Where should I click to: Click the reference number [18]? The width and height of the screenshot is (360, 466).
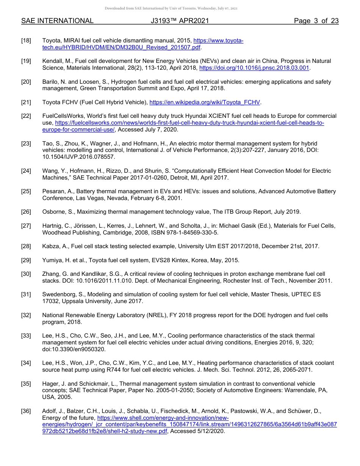click(26, 41)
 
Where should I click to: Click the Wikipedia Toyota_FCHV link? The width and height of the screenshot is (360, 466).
click(205, 102)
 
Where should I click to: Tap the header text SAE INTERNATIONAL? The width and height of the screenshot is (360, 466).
click(57, 21)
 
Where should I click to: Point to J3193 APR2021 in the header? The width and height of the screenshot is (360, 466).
click(180, 21)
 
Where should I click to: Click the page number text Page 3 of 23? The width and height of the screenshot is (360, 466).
click(316, 21)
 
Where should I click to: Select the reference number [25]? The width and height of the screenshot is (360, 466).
click(26, 192)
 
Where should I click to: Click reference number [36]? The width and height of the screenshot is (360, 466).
click(26, 411)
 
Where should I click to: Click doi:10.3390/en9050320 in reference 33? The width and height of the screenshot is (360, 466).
click(74, 349)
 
